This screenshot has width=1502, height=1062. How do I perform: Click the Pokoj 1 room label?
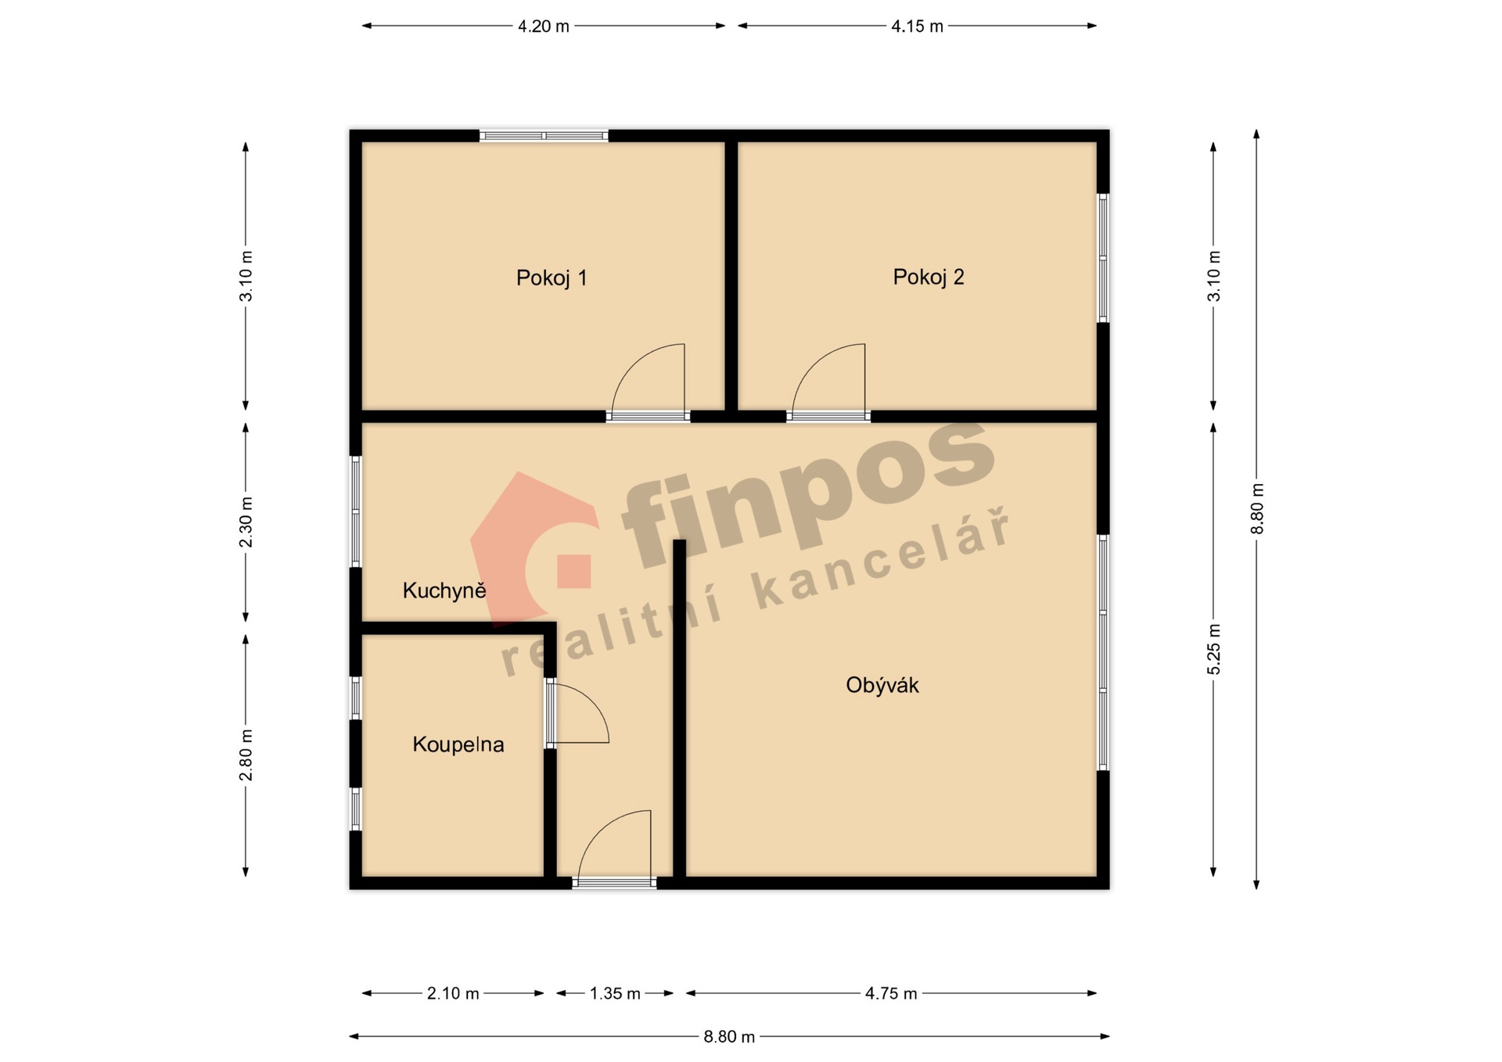(x=552, y=278)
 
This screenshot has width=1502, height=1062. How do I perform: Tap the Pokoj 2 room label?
(x=929, y=278)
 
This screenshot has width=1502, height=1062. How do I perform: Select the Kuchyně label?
(x=444, y=590)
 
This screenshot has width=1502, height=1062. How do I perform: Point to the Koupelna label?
(x=458, y=744)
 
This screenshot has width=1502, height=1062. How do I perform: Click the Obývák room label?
(x=882, y=685)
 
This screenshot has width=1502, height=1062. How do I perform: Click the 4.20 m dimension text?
(x=544, y=27)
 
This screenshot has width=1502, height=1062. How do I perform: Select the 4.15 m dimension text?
(x=917, y=27)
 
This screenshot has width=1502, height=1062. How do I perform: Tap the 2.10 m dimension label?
(x=453, y=994)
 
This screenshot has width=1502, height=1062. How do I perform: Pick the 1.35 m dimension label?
(x=615, y=994)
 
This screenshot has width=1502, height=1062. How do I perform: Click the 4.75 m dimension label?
(x=891, y=994)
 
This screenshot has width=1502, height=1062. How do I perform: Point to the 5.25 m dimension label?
(x=1214, y=649)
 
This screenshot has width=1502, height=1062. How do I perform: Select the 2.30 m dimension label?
(x=246, y=522)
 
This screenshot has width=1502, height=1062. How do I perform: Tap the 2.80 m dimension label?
(x=246, y=755)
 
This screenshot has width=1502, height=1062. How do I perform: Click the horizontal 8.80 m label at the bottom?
(x=729, y=1037)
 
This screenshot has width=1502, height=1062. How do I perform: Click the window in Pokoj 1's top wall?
(x=544, y=136)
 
